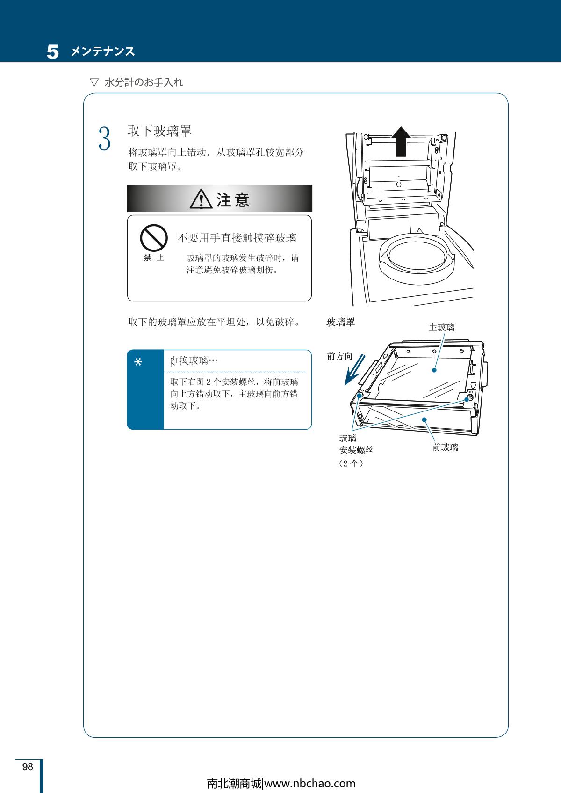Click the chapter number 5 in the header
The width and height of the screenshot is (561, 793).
pyautogui.click(x=53, y=51)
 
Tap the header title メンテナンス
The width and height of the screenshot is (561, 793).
pyautogui.click(x=103, y=51)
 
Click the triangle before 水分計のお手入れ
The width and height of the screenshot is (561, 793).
pyautogui.click(x=94, y=82)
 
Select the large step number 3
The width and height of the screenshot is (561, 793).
pyautogui.click(x=105, y=139)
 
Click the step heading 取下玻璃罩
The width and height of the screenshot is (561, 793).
pyautogui.click(x=159, y=131)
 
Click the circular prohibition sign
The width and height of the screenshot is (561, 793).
pyautogui.click(x=154, y=238)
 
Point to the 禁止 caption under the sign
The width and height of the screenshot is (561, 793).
pyautogui.click(x=154, y=258)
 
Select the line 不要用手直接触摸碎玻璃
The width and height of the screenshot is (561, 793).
pyautogui.click(x=237, y=238)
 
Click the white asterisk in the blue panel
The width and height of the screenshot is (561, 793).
pyautogui.click(x=138, y=362)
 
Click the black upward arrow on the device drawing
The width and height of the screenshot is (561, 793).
pyautogui.click(x=401, y=141)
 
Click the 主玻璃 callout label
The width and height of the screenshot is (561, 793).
pyautogui.click(x=442, y=328)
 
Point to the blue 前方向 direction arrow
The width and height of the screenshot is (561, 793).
pyautogui.click(x=354, y=370)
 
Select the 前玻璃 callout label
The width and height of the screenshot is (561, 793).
pyautogui.click(x=446, y=448)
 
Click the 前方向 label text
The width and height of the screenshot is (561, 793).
pyautogui.click(x=340, y=356)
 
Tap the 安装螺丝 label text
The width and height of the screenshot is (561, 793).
pyautogui.click(x=356, y=450)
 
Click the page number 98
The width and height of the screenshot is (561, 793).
pyautogui.click(x=28, y=766)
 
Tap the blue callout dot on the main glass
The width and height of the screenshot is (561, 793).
pyautogui.click(x=434, y=370)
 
